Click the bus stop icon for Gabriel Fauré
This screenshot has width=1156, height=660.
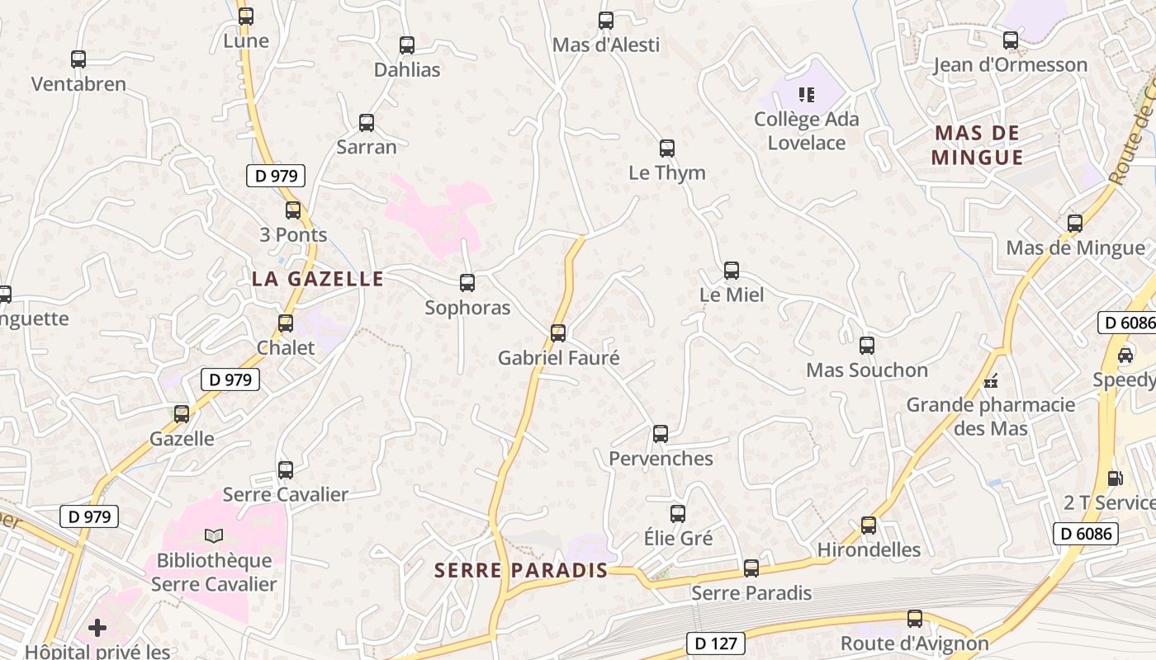coord(558,333)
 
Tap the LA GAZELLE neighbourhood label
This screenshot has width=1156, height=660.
coord(318,279)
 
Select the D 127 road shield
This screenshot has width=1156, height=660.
coord(715,643)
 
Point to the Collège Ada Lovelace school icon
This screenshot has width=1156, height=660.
coord(807,95)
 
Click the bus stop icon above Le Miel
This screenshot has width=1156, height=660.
coord(732,271)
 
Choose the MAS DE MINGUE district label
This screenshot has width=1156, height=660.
coord(978,145)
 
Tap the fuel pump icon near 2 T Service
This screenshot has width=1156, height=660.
coord(1115,478)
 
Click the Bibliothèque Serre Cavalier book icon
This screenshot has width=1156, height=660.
coord(214,536)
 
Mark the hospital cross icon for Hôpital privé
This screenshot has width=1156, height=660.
coord(97,629)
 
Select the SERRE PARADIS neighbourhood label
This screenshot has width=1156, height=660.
coord(521,570)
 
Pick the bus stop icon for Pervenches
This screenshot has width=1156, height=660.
coord(661,434)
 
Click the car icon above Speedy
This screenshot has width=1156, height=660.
coord(1125,355)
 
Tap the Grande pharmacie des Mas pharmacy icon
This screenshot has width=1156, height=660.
coord(990,381)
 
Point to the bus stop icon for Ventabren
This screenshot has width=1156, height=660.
coord(78,59)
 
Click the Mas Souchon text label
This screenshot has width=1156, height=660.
coord(867,370)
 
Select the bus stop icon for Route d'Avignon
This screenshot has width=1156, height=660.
coord(915,619)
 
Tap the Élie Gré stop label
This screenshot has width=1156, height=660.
coord(678,538)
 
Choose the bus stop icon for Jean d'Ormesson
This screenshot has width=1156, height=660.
coord(1011,40)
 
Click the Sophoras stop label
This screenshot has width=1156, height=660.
coord(467,308)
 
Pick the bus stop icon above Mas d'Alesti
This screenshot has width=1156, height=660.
coord(606,21)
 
